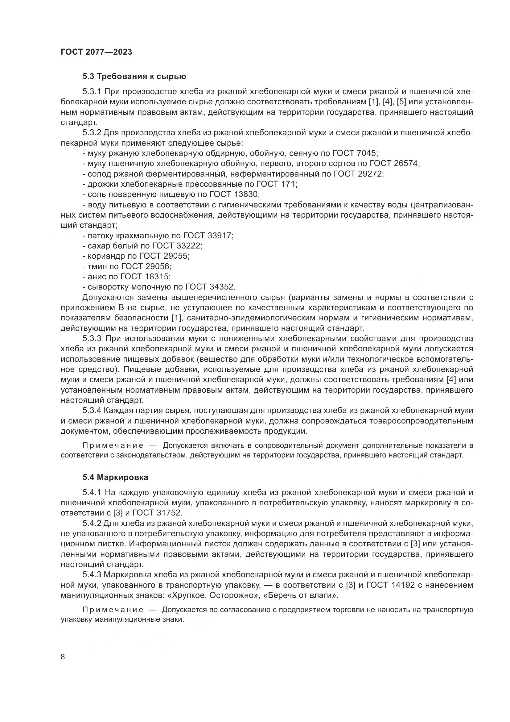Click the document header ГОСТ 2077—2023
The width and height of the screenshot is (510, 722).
coord(97,52)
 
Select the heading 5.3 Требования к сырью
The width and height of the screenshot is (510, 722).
coord(134,77)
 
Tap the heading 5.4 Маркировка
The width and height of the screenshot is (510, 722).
coord(115,477)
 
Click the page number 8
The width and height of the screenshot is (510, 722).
coord(63,657)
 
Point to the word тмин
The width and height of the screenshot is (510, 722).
coord(96,266)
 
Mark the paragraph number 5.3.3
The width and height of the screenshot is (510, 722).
coord(92,338)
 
